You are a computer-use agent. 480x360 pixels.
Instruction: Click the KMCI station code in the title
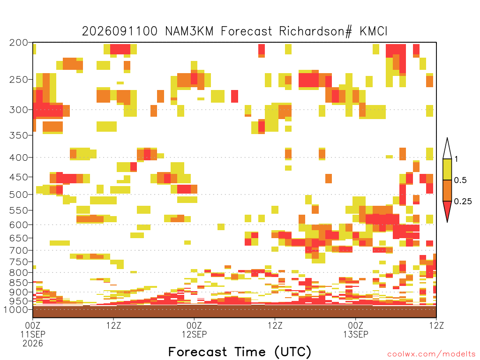tap(374, 31)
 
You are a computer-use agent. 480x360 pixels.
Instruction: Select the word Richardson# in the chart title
tap(315, 31)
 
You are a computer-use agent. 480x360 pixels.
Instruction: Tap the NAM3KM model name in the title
tap(189, 31)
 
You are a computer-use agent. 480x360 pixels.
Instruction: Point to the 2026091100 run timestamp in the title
tap(120, 31)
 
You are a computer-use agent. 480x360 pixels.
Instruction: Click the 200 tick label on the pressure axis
tap(18, 43)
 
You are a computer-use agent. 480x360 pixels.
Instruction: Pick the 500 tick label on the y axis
tap(18, 195)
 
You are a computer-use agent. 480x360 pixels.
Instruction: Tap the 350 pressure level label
tap(18, 135)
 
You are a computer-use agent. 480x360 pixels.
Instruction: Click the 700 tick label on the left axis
tap(18, 250)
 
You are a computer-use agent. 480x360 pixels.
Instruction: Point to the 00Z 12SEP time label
tap(194, 330)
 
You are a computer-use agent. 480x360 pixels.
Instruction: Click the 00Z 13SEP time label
tap(355, 330)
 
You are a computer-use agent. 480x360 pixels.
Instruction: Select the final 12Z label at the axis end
tap(436, 325)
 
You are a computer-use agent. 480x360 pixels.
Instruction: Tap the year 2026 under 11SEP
tap(33, 344)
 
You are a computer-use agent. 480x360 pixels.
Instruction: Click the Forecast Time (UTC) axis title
tap(240, 352)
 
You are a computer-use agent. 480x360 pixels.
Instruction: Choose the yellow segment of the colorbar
tap(447, 169)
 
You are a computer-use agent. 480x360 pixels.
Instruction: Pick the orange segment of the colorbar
tap(447, 190)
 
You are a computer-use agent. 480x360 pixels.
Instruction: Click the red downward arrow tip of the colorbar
tap(447, 222)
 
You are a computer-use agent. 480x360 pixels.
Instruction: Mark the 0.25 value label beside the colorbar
tap(463, 201)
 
